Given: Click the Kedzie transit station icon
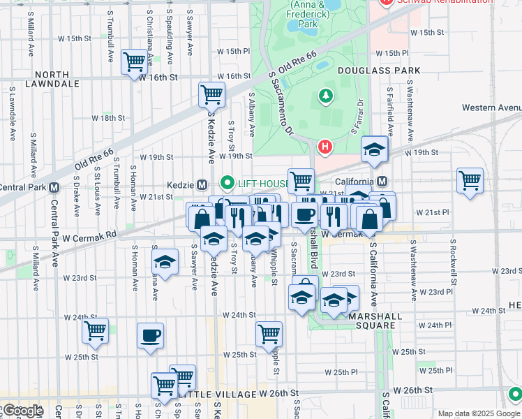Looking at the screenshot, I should point(202,185).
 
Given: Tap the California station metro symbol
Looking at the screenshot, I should point(382,182).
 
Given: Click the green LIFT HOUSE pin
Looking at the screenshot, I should point(227,184).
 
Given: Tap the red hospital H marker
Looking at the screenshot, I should point(324,147).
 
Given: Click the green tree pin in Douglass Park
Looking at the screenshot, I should point(325,96).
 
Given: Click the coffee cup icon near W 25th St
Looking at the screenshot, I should point(151,335).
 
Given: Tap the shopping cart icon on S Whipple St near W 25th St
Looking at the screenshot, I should point(269,334).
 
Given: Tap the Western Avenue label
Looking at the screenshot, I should point(491,108).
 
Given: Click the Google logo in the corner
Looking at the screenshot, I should point(22,410).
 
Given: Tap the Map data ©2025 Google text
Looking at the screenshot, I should point(479,413).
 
